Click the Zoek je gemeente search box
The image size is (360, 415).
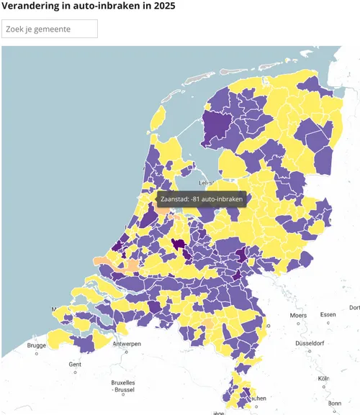point(50,29)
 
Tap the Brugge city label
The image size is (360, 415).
point(37,345)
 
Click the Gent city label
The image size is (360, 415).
point(76,364)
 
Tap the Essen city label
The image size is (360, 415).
point(328,315)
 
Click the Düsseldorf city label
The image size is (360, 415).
point(310,343)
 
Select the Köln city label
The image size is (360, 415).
point(323,378)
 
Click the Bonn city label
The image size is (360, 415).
point(335,403)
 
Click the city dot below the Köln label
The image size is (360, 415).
point(323,386)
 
